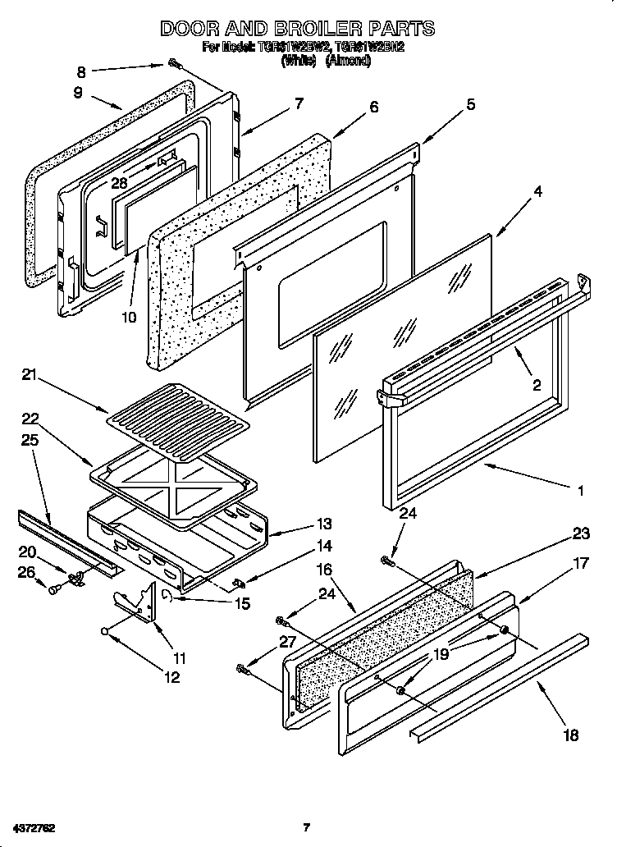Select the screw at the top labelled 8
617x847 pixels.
coord(175,63)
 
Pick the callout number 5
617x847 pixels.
coord(470,103)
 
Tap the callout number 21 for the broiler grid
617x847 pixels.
coord(30,375)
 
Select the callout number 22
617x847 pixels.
coord(30,419)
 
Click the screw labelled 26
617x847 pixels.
coord(53,588)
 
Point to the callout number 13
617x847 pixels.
coord(324,524)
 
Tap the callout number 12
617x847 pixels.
coord(171,677)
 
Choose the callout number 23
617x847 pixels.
coord(581,533)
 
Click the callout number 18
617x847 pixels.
coord(570,735)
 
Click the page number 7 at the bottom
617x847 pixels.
coord(306,826)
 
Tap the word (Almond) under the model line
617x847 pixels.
coord(348,61)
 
